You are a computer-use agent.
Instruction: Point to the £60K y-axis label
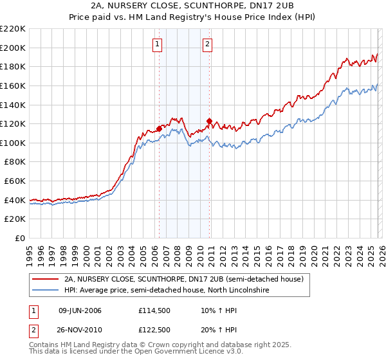click(x=15, y=181)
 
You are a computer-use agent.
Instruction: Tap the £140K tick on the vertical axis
click(x=13, y=105)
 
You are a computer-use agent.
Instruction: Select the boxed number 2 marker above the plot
click(x=208, y=44)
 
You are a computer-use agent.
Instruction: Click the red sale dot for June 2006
click(x=159, y=129)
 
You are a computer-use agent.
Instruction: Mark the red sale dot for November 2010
click(x=209, y=121)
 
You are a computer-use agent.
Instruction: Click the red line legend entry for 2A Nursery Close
click(x=187, y=279)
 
